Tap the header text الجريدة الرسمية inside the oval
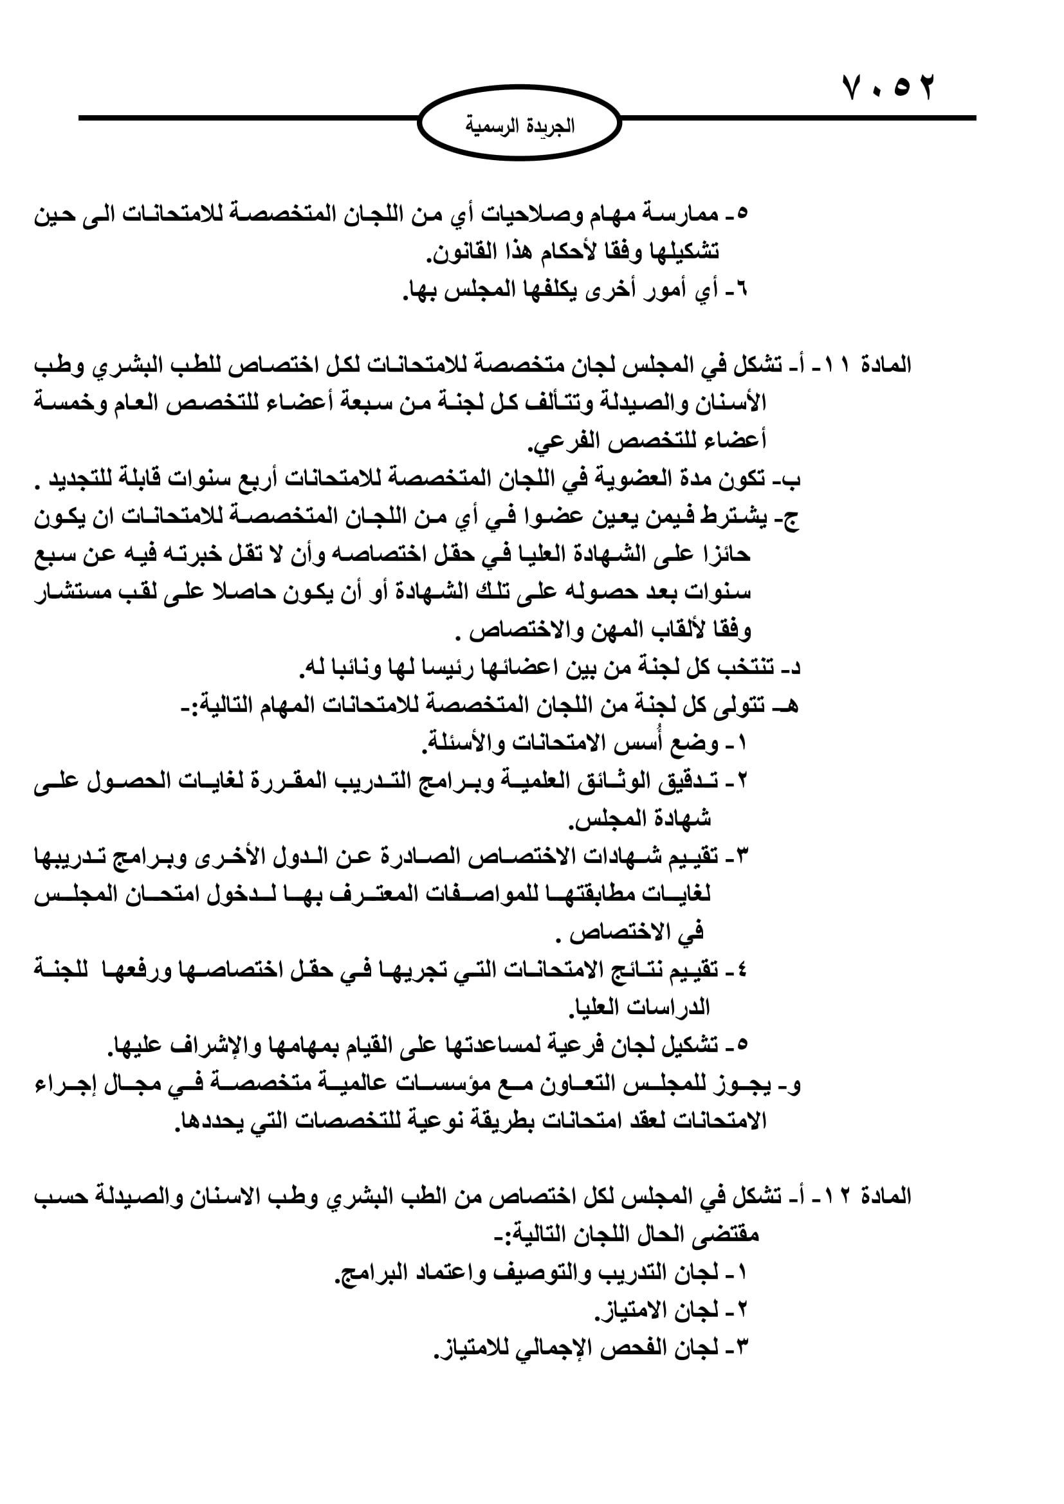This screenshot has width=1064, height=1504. [520, 126]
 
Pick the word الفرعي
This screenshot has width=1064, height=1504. [560, 442]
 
